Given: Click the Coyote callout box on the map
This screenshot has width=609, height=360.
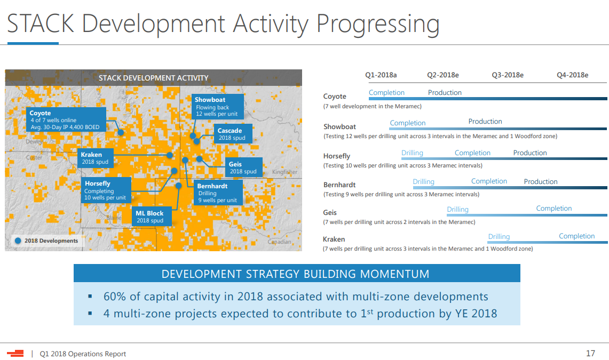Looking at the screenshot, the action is click(66, 119).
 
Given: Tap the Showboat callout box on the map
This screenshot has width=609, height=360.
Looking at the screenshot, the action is click(218, 106).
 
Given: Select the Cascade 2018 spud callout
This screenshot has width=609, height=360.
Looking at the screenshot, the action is click(233, 134).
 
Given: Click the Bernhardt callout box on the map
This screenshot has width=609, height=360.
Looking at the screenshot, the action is click(218, 193).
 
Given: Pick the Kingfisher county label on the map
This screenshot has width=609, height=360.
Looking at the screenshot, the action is click(284, 172).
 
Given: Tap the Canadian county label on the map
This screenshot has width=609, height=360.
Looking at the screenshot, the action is click(279, 242).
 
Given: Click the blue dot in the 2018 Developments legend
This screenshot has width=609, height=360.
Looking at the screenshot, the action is click(18, 241).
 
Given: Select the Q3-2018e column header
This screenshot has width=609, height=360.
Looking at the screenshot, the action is click(508, 75).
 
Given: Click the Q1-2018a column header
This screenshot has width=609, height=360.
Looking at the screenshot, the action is click(381, 75).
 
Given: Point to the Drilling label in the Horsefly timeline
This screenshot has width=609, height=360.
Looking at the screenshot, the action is click(412, 153).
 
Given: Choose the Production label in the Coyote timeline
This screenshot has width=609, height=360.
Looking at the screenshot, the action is click(445, 93).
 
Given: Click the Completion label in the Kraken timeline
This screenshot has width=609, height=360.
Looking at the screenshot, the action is click(577, 236).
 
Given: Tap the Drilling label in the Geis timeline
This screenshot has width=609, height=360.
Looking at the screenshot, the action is click(457, 210).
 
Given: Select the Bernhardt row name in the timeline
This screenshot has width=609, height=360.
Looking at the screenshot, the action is click(339, 185).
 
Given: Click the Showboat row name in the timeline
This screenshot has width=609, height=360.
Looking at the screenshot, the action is click(340, 126).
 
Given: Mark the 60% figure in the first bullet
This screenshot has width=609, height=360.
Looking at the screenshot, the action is click(115, 297).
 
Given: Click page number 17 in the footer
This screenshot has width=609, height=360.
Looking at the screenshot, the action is click(590, 354).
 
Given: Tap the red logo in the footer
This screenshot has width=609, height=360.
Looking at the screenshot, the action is click(15, 353).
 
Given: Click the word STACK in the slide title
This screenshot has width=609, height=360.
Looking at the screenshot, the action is click(41, 23).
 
